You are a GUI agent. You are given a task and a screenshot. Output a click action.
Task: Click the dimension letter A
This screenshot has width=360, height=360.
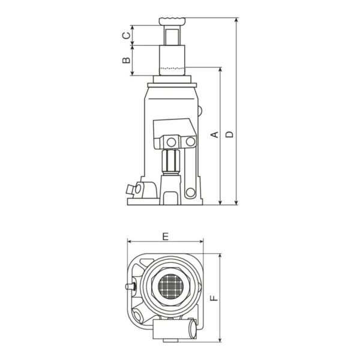pyautogui.click(x=215, y=134)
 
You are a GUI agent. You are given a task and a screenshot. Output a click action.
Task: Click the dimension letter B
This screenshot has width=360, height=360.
pyautogui.click(x=126, y=60)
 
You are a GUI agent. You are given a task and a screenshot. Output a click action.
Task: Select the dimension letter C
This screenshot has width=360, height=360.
pyautogui.click(x=126, y=35)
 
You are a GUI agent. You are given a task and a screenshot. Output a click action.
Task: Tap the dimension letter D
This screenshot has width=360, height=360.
pyautogui.click(x=229, y=134)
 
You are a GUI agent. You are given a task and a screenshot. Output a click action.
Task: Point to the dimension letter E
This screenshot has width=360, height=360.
pyautogui.click(x=166, y=236)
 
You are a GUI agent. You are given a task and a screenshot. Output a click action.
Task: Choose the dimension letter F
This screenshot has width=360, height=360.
pyautogui.click(x=214, y=298)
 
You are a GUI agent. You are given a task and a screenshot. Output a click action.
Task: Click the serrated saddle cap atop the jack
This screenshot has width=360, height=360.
pyautogui.click(x=172, y=21)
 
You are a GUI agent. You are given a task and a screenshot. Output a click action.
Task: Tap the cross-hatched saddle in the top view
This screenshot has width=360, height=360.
pyautogui.click(x=171, y=287)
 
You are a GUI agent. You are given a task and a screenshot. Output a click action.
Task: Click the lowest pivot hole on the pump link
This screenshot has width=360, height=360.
pyautogui.click(x=190, y=192)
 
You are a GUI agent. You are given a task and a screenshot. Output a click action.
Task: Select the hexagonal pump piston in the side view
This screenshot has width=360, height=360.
pyautogui.click(x=170, y=162)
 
